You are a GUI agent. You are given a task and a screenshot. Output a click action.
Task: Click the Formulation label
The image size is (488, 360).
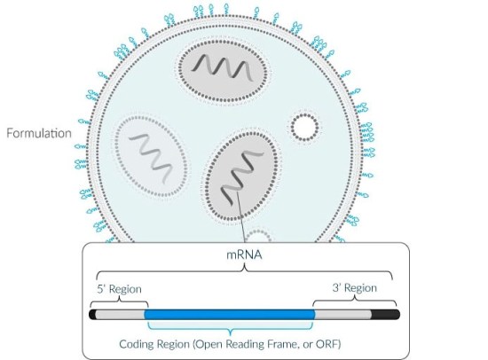[x=39, y=133]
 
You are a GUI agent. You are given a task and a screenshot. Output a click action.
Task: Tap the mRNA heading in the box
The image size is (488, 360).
[x=244, y=254]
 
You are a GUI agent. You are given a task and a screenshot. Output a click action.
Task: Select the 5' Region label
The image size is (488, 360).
[x=119, y=289]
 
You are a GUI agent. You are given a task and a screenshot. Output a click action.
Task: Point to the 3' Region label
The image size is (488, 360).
[x=355, y=288]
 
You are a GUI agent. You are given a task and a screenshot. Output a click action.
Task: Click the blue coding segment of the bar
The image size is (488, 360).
[x=230, y=314]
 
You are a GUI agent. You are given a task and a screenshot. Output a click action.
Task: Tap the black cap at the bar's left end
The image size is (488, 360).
[x=92, y=314]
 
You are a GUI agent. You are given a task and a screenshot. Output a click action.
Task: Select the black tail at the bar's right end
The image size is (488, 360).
[x=385, y=314]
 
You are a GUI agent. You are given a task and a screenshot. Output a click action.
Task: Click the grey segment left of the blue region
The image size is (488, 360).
[x=120, y=314]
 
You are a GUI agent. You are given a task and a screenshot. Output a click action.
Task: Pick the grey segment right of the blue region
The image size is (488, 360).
[x=343, y=314]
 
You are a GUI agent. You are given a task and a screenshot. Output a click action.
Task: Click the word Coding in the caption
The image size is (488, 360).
[x=137, y=344]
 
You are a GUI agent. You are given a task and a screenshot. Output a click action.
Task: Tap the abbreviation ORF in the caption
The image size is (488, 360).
[x=327, y=344]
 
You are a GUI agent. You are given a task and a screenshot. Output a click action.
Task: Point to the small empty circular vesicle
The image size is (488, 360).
[x=304, y=128]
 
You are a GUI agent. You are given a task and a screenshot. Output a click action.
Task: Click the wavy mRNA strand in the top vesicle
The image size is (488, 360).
[x=223, y=67]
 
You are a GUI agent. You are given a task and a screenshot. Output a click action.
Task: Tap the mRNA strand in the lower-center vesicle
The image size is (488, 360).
[x=241, y=177]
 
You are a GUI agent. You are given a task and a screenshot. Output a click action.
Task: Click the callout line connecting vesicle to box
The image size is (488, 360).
[x=240, y=217]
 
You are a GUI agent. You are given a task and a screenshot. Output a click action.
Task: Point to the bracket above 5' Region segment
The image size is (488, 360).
[x=119, y=301]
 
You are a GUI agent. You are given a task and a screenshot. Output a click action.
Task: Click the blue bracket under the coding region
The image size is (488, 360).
[x=231, y=327]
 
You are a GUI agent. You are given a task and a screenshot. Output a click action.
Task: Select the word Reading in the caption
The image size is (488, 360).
[x=242, y=344]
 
